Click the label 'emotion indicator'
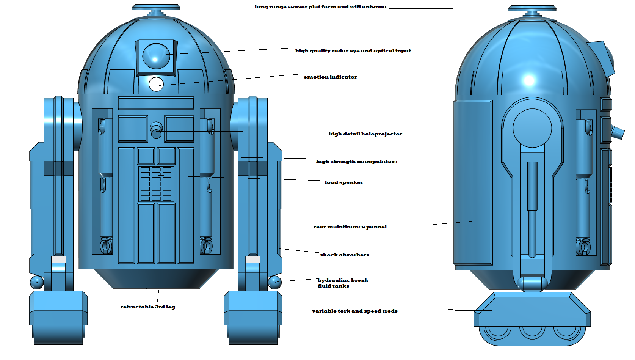pyautogui.click(x=330, y=77)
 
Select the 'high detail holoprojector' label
pyautogui.click(x=365, y=134)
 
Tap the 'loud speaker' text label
pyautogui.click(x=344, y=182)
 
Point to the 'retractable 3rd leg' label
pyautogui.click(x=147, y=307)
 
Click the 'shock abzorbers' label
pyautogui.click(x=344, y=255)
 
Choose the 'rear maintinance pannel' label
pyautogui.click(x=350, y=227)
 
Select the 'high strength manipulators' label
pyautogui.click(x=356, y=162)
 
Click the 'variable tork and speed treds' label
pyautogui.click(x=354, y=311)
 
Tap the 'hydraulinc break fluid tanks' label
pyautogui.click(x=343, y=283)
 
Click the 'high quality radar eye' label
pyautogui.click(x=353, y=51)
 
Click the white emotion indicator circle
pyautogui.click(x=156, y=84)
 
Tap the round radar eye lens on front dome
pyautogui.click(x=156, y=56)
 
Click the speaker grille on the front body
pyautogui.click(x=156, y=184)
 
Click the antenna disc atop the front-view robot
pyautogui.click(x=156, y=7)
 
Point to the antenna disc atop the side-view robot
pyautogui.click(x=532, y=8)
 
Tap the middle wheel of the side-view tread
pyautogui.click(x=532, y=331)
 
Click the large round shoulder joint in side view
pyautogui.click(x=532, y=128)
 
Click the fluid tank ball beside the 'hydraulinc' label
pyautogui.click(x=274, y=282)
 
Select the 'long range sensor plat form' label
pyautogui.click(x=320, y=7)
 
